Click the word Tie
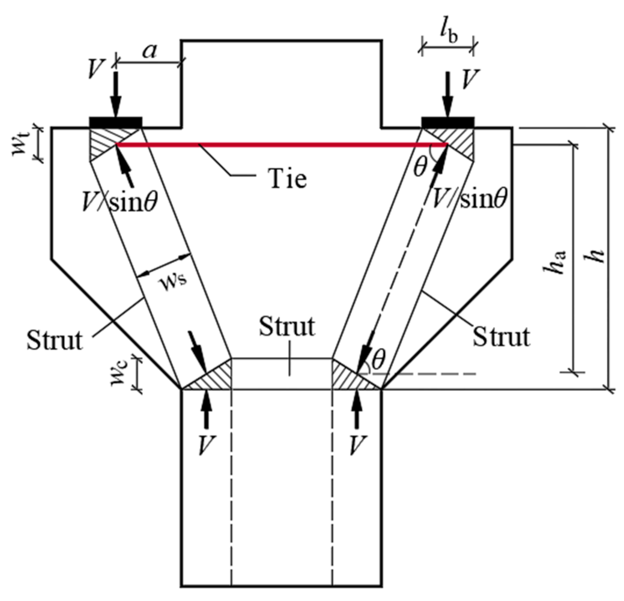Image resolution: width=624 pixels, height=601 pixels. point(287,179)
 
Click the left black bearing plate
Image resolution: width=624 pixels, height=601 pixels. point(116,122)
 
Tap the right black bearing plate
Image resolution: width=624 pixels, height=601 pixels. point(448,122)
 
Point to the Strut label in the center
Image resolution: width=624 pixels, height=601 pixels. point(286,327)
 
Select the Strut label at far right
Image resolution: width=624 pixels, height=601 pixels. point(501,336)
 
